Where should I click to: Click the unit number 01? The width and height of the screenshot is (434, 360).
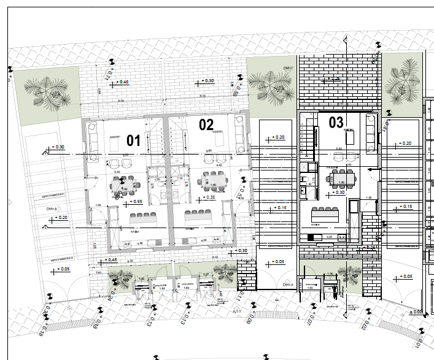[x=133, y=140]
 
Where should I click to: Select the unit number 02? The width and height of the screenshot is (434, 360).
[x=206, y=124]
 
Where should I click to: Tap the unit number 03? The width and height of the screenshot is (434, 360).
[x=336, y=122]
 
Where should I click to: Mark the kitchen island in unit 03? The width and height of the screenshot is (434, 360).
[x=325, y=216]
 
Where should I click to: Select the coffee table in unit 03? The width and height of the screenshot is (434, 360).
[x=351, y=139]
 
